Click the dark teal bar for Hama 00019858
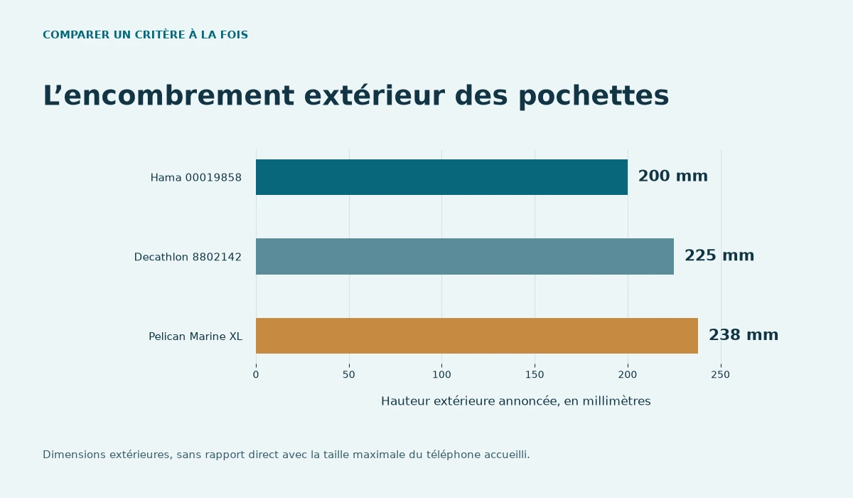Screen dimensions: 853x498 441,177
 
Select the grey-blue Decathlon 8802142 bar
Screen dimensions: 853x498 465,256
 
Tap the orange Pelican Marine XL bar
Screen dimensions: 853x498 477,336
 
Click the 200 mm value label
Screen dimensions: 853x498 673,176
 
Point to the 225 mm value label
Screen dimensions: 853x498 719,255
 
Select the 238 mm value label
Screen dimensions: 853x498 744,335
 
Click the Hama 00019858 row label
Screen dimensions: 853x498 196,178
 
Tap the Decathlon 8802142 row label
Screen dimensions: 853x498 188,258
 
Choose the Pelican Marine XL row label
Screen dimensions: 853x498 195,337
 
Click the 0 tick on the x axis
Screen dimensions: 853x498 256,374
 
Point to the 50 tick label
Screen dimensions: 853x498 349,374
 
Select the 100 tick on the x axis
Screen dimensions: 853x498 441,374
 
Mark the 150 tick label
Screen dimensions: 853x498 535,374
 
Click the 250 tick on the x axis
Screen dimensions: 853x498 721,374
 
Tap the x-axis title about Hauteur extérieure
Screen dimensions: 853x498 516,401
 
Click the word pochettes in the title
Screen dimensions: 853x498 594,95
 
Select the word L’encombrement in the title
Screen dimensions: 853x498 168,95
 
